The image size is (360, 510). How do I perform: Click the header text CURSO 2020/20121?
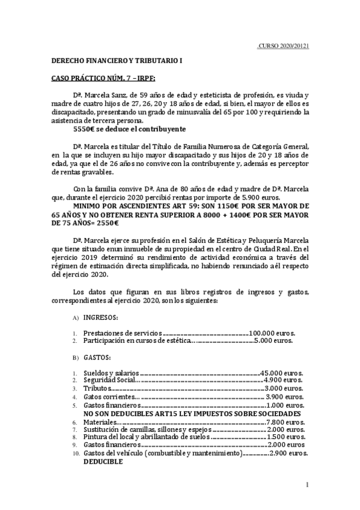pyautogui.click(x=284, y=46)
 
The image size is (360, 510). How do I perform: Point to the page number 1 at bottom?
pyautogui.click(x=307, y=485)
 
